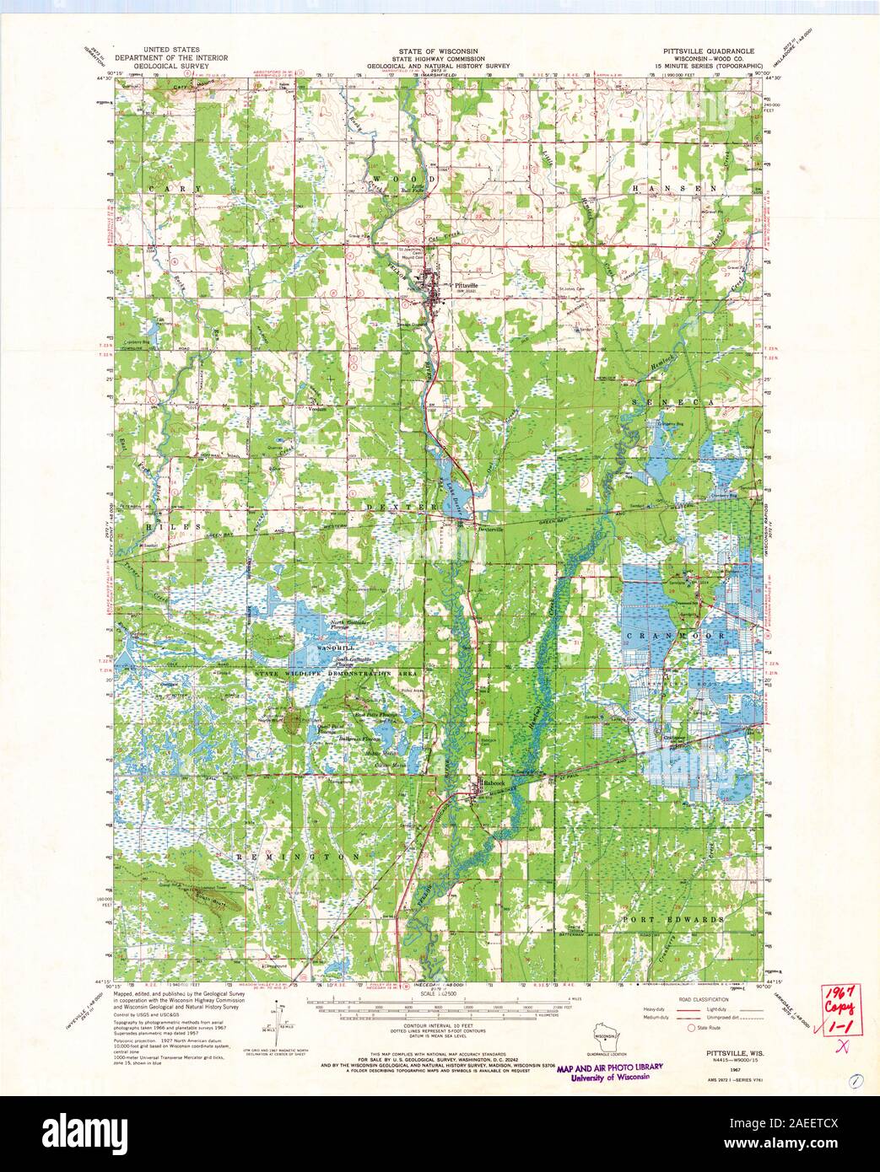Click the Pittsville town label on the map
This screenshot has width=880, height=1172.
tap(465, 286)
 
